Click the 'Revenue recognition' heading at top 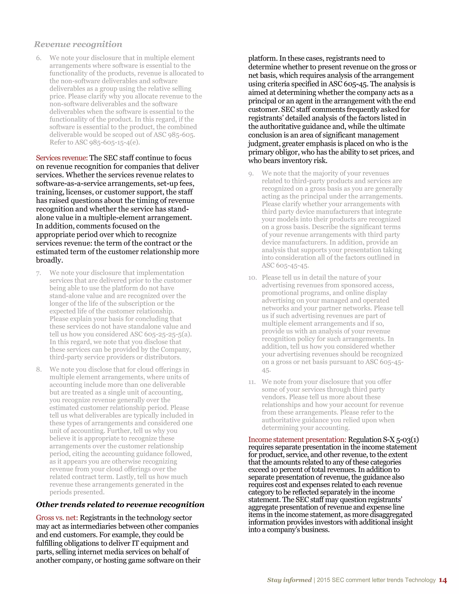[x=78, y=44]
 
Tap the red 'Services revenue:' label [x=62, y=158]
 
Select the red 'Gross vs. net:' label [x=57, y=518]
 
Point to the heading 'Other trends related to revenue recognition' [x=120, y=505]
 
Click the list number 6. [x=39, y=58]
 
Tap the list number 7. [x=39, y=273]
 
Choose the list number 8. [x=39, y=369]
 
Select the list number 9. [x=251, y=173]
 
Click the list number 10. [x=252, y=278]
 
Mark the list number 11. [x=252, y=382]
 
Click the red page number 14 [x=443, y=580]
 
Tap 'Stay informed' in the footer [x=289, y=580]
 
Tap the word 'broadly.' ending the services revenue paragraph [x=50, y=260]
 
